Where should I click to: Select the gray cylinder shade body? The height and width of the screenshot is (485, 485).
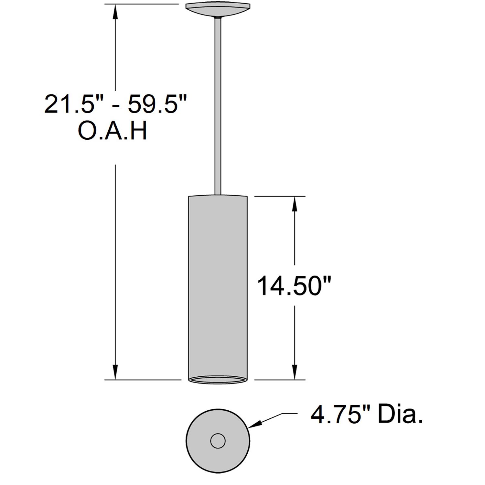point(218,285)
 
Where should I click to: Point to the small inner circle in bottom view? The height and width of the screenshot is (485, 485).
point(218,441)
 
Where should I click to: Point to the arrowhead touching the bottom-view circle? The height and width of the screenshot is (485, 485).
point(254,425)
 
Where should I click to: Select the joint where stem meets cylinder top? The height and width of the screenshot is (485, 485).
point(218,195)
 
